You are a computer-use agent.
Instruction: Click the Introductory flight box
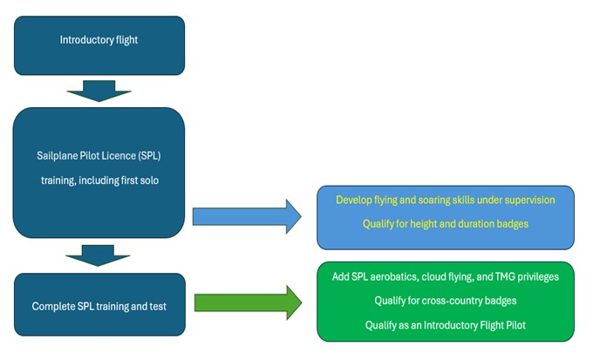99,45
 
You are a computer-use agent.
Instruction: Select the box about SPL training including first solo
99,172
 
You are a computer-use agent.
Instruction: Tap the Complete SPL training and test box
99,305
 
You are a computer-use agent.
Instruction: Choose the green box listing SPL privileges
445,301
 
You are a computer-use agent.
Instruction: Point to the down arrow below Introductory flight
99,91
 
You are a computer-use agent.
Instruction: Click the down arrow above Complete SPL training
99,255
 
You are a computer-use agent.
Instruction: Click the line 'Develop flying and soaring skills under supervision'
445,200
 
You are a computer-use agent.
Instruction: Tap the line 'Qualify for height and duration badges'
445,223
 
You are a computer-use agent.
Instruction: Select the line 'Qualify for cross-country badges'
445,301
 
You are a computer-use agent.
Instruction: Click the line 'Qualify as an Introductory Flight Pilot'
445,324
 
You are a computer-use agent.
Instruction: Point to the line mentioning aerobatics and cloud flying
445,277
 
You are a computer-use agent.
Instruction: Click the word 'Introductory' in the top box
85,40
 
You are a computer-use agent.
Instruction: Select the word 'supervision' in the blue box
528,200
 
